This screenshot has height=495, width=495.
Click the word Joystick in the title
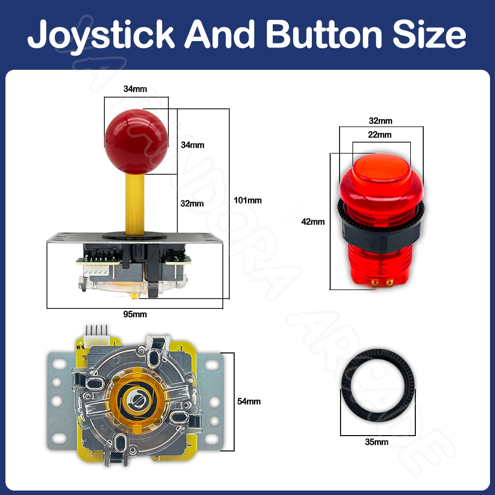[101, 35]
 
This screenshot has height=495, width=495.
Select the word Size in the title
[429, 34]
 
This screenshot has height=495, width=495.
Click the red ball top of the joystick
[137, 142]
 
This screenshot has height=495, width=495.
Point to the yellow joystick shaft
[135, 203]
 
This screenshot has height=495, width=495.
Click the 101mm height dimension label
[247, 200]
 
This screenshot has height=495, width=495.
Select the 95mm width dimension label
[135, 314]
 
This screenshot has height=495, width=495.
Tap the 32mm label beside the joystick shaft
[192, 203]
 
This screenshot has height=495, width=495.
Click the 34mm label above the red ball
[135, 89]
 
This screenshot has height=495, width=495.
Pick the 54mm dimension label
[249, 401]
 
